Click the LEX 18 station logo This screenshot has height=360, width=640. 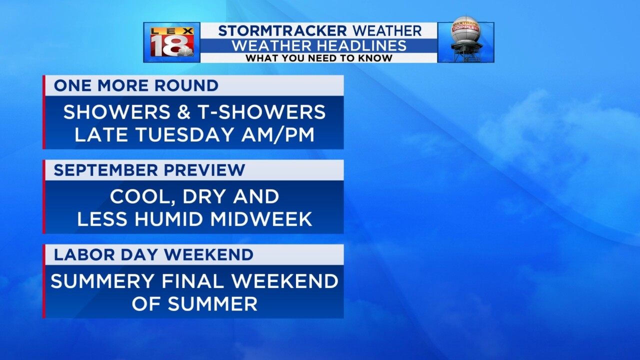click(x=171, y=42)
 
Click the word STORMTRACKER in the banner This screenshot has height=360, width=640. click(x=282, y=31)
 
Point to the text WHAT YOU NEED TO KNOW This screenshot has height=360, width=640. click(x=319, y=58)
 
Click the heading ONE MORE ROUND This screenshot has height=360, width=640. click(x=136, y=85)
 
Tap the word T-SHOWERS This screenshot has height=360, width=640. click(x=261, y=111)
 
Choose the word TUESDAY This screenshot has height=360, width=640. click(x=185, y=134)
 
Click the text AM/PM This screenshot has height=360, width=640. click(x=277, y=134)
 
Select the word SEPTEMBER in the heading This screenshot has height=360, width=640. click(x=105, y=170)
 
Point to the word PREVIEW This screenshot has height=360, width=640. click(x=204, y=170)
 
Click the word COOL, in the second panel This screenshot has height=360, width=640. click(x=142, y=197)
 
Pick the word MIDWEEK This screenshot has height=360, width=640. click(x=261, y=219)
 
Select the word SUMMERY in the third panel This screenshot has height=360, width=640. click(x=102, y=281)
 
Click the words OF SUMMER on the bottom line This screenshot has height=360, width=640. click(x=194, y=303)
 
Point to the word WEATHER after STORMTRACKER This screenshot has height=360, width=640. click(x=387, y=31)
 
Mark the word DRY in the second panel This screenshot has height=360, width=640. click(x=204, y=196)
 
